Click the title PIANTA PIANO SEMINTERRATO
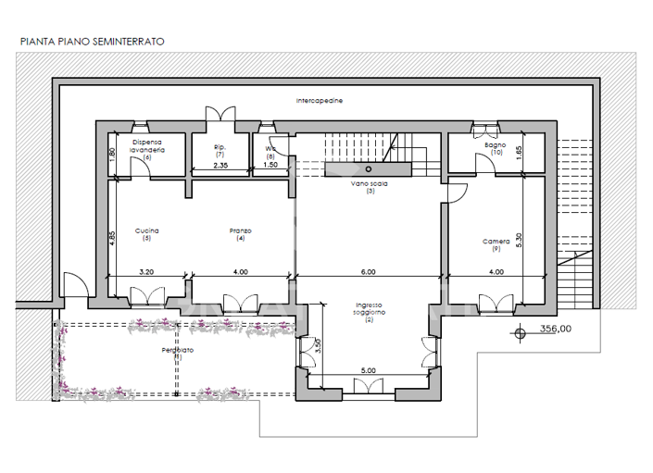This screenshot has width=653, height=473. [x=93, y=42]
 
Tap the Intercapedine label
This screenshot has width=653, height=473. [x=320, y=100]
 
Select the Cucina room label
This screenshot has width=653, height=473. [x=146, y=230]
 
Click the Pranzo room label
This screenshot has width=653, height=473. [x=241, y=230]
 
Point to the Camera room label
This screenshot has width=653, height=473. [x=496, y=242]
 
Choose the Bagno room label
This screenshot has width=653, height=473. [x=495, y=145]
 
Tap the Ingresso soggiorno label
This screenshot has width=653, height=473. [x=369, y=309]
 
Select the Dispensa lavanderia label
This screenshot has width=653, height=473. [x=146, y=145]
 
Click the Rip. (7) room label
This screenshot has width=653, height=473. [x=220, y=147]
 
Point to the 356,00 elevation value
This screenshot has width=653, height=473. [x=555, y=328]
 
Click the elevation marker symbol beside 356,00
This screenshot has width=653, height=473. [x=521, y=329]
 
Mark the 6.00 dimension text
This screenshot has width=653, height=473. [x=368, y=271]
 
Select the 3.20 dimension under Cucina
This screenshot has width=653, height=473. [x=145, y=271]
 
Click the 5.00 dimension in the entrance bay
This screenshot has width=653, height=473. [x=368, y=370]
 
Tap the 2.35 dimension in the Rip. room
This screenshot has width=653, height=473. [x=220, y=165]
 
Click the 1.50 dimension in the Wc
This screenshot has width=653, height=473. [x=270, y=165]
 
